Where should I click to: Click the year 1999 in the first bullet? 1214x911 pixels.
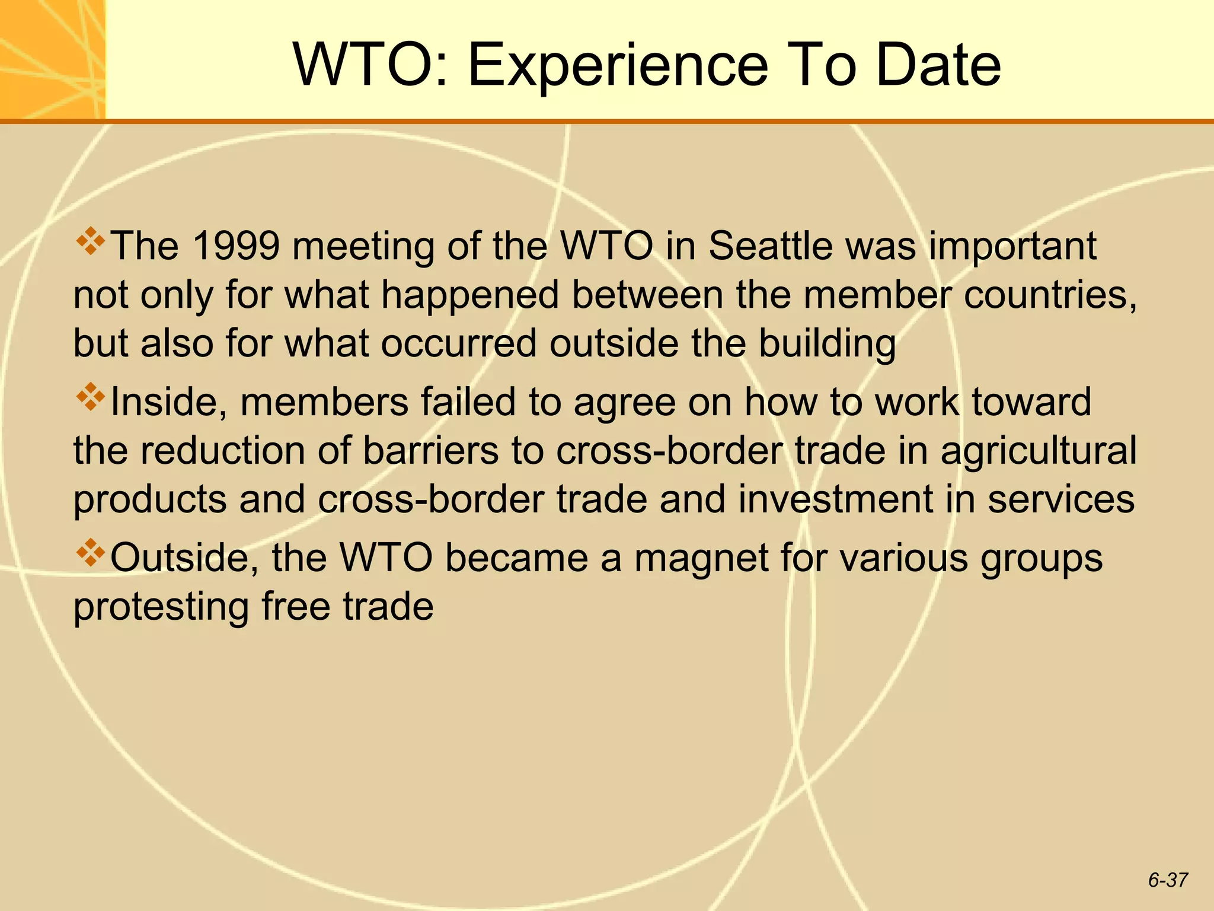pyautogui.click(x=236, y=246)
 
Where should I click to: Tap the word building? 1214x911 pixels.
pyautogui.click(x=828, y=345)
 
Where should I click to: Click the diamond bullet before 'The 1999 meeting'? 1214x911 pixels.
pyautogui.click(x=90, y=241)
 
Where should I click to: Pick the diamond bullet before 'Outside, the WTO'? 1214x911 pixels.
pyautogui.click(x=90, y=553)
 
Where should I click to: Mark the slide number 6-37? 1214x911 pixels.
pyautogui.click(x=1168, y=880)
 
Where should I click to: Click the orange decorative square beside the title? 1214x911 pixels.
pyautogui.click(x=52, y=59)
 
